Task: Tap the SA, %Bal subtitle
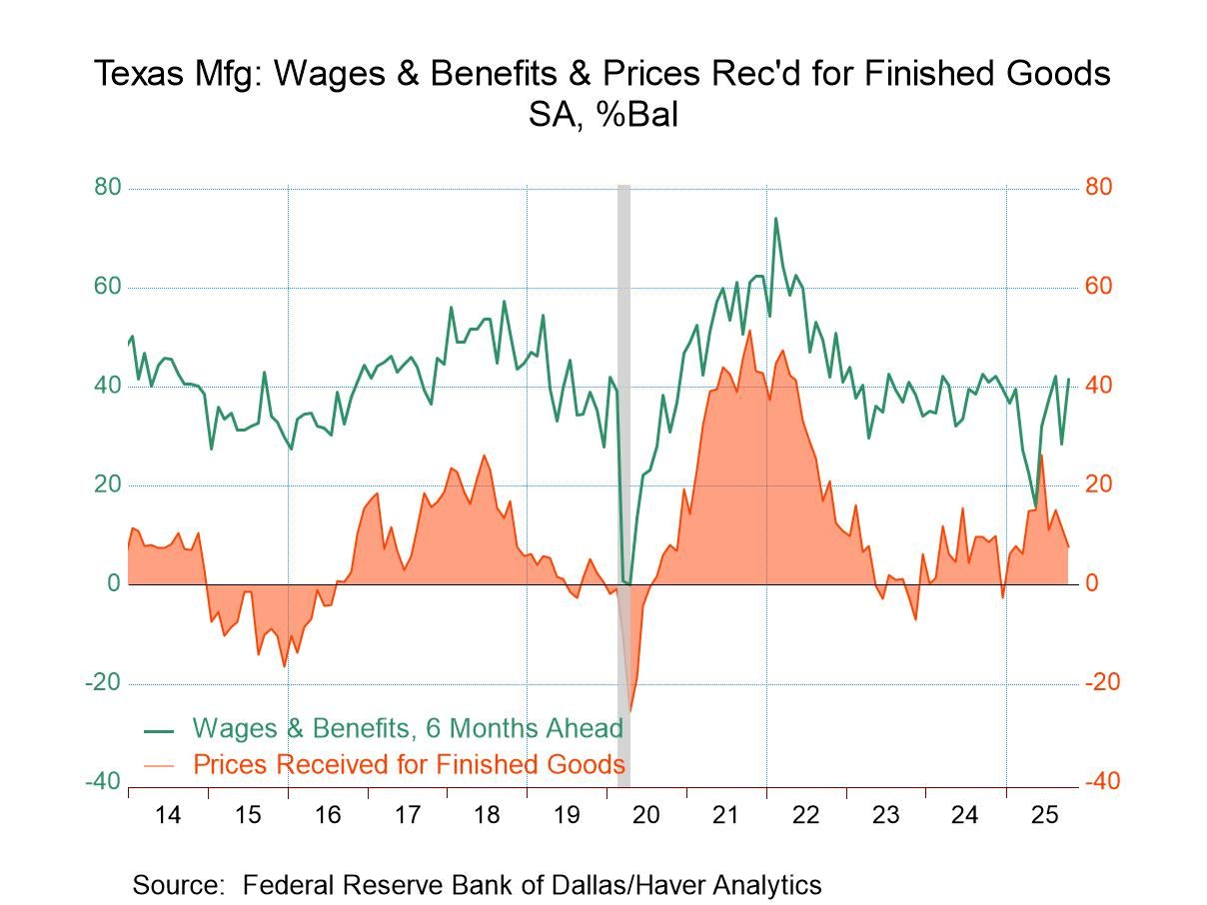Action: coord(603,116)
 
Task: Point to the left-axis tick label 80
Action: coord(108,188)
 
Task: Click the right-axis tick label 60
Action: coord(1099,288)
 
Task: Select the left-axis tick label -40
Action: coord(103,782)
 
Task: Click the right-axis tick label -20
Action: coord(1103,683)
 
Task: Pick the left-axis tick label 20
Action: coord(108,485)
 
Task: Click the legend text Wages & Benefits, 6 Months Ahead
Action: coord(408,728)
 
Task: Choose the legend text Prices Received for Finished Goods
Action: coord(409,765)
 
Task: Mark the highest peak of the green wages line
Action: coord(775,218)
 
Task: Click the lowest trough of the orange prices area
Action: coord(629,711)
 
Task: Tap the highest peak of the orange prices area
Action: coord(749,331)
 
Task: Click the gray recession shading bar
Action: coord(623,450)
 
